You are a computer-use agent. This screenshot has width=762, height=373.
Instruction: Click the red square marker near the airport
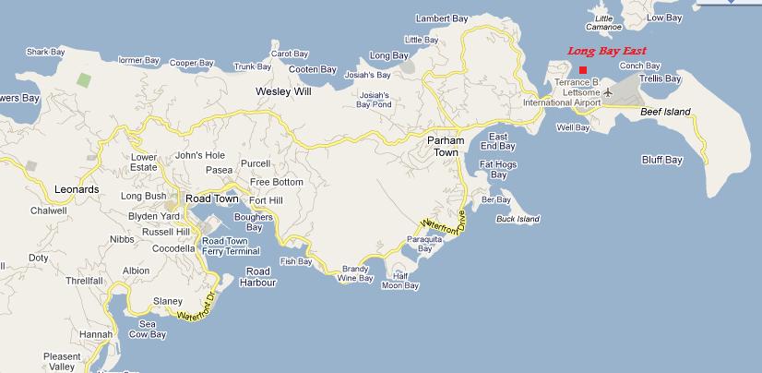point(583,70)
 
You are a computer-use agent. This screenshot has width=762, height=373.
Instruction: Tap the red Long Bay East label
point(607,51)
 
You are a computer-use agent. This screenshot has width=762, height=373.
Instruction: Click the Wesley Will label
point(284,92)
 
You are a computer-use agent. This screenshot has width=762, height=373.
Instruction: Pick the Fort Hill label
point(266,200)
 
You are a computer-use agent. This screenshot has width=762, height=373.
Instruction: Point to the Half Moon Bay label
point(406,281)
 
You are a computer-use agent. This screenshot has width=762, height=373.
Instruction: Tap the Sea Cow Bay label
point(148,329)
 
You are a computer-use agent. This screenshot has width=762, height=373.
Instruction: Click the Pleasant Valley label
point(63,361)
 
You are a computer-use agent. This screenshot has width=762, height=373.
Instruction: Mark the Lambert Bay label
point(437,18)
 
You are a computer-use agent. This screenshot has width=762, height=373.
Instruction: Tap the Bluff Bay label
point(661,160)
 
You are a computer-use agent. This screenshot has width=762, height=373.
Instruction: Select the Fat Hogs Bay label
point(498,169)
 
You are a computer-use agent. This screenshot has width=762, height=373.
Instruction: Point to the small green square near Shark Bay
point(84,80)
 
